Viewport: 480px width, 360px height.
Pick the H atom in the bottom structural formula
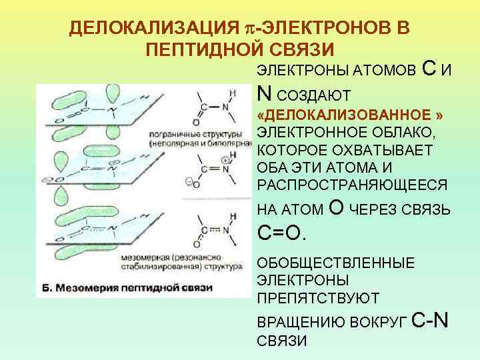click(x=232, y=215)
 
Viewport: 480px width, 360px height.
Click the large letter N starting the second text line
click(x=263, y=93)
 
